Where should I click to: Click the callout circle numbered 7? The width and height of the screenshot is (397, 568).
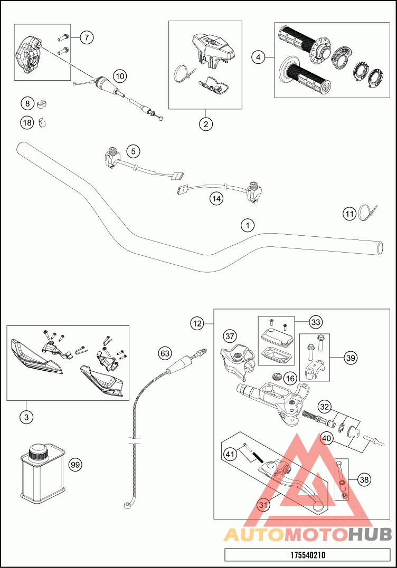pyautogui.click(x=87, y=37)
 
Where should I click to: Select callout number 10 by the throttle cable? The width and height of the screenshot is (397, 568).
pyautogui.click(x=120, y=76)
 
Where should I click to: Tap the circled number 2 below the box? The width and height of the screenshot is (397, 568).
pyautogui.click(x=206, y=124)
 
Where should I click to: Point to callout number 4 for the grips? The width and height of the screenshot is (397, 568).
pyautogui.click(x=258, y=56)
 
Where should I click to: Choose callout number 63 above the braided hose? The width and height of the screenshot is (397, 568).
pyautogui.click(x=165, y=352)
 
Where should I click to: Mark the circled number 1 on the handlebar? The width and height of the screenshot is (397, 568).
pyautogui.click(x=247, y=225)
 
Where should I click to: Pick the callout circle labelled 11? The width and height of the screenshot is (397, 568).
pyautogui.click(x=349, y=214)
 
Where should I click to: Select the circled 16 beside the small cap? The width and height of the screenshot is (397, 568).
pyautogui.click(x=290, y=378)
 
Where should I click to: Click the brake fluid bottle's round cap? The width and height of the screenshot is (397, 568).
pyautogui.click(x=39, y=451)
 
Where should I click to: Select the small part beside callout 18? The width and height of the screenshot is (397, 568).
pyautogui.click(x=43, y=122)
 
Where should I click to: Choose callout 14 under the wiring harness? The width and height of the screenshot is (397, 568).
pyautogui.click(x=216, y=198)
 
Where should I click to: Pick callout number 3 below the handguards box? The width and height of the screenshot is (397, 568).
pyautogui.click(x=26, y=417)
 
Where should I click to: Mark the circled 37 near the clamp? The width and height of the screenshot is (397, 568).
pyautogui.click(x=230, y=335)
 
